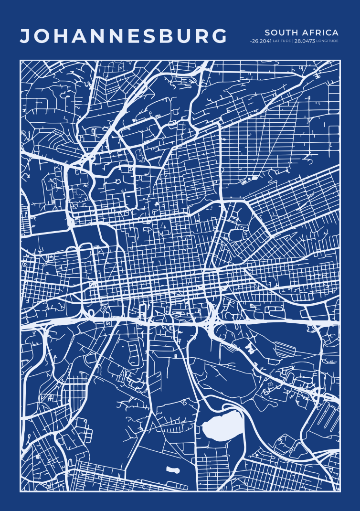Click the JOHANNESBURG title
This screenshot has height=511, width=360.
point(124,37)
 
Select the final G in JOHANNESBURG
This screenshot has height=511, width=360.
point(219,37)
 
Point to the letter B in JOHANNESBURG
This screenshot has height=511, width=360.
point(168,37)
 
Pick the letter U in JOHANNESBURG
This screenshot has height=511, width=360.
point(185,37)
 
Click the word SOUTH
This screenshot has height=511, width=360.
point(279,32)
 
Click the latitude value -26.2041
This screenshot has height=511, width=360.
point(261,41)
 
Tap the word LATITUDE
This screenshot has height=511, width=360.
point(282,41)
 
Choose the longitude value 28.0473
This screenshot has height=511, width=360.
point(305,41)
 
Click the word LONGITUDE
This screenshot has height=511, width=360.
point(328,41)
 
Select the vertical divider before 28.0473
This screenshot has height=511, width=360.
point(293,41)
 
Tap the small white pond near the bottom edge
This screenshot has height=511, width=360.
point(173,470)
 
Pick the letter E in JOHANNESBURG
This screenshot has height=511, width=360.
point(133,37)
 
